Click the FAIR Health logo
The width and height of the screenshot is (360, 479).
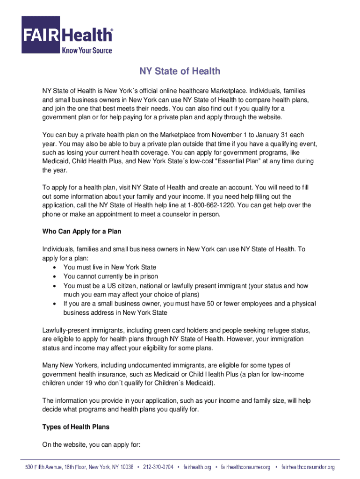click(x=67, y=35)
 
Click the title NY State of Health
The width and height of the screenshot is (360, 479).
click(x=180, y=72)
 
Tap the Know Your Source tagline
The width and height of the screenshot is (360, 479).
click(x=87, y=50)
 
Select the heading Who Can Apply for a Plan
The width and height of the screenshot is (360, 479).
click(x=82, y=232)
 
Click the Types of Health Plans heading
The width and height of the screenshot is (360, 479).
click(x=76, y=427)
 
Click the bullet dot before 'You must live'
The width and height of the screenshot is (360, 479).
click(x=56, y=268)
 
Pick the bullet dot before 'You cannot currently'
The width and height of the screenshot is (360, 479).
click(x=56, y=276)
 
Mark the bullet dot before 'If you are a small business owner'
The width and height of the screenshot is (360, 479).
click(x=56, y=304)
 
